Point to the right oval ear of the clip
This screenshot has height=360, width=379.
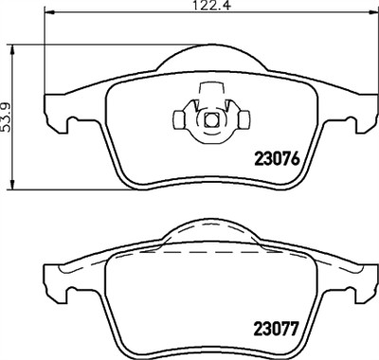243,120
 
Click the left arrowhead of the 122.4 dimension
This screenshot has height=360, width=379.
49,16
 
